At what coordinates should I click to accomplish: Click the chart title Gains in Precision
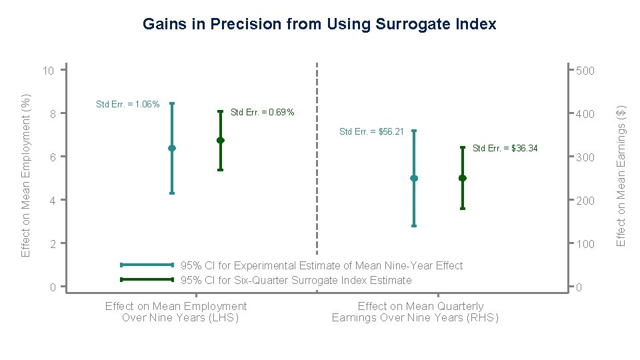[x=319, y=25]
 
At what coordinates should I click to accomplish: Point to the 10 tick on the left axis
[x=47, y=71]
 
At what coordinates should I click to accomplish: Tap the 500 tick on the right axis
[x=585, y=71]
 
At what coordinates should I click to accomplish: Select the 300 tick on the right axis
[x=585, y=158]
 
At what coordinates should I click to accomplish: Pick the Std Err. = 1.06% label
[x=127, y=104]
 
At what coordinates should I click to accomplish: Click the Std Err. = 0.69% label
[x=262, y=113]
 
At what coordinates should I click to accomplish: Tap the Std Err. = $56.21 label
[x=371, y=132]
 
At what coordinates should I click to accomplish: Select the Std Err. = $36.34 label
[x=505, y=148]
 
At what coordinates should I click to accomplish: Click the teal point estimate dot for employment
[x=172, y=148]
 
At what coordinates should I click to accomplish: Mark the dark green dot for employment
[x=220, y=140]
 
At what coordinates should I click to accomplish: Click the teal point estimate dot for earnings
[x=414, y=178]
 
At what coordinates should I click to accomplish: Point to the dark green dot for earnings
[x=462, y=178]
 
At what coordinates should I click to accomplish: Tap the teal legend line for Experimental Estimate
[x=147, y=265]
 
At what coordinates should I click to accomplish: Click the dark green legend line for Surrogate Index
[x=147, y=279]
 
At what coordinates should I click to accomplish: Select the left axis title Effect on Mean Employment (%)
[x=26, y=175]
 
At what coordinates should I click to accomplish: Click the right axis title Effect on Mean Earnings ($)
[x=621, y=175]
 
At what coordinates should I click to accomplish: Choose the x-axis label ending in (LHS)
[x=176, y=312]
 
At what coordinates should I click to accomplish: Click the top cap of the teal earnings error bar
[x=414, y=131]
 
